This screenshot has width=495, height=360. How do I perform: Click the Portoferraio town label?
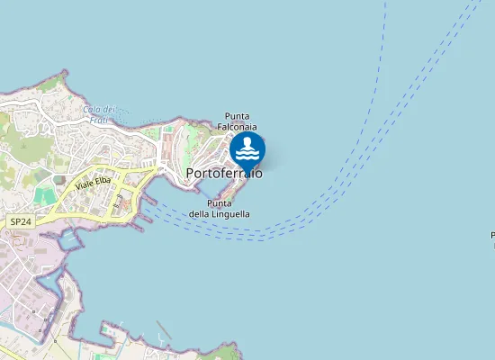224,173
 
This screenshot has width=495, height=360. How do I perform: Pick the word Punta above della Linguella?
220,203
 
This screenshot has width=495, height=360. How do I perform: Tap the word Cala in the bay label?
91,110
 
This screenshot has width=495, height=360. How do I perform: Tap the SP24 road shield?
19,221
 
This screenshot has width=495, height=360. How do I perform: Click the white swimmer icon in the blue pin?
247,147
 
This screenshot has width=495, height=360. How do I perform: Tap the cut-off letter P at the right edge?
492,236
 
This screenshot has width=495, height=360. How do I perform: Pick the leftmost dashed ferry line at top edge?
384,4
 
